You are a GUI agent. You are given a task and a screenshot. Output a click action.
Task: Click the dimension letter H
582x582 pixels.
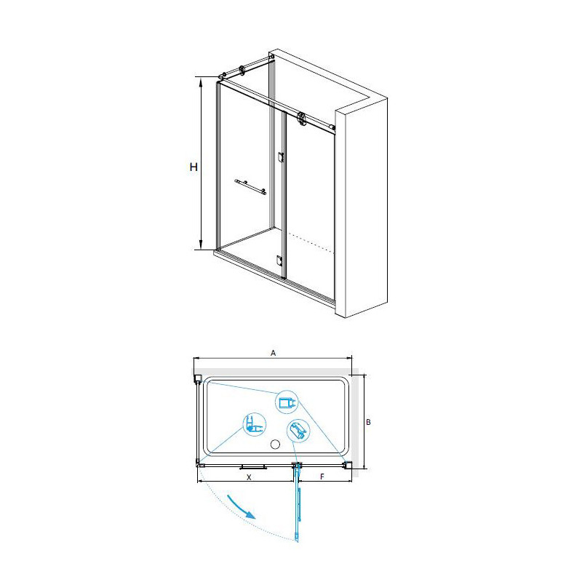pos(194,167)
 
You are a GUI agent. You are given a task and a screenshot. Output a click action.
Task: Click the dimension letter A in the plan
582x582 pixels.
pos(274,353)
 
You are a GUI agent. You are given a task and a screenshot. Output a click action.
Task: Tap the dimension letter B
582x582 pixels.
pos(368,422)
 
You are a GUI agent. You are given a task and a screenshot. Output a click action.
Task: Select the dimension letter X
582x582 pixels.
pos(249,477)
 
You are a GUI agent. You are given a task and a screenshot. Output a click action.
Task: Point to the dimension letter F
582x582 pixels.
pos(322,477)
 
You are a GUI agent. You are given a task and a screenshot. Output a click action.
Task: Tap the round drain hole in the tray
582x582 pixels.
pos(275,444)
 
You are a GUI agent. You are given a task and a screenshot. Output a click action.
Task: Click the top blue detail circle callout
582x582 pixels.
pos(287,402)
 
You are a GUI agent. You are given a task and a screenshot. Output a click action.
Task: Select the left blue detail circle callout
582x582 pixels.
pos(255,425)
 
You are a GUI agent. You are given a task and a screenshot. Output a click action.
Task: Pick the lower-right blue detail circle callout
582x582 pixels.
pos(298,431)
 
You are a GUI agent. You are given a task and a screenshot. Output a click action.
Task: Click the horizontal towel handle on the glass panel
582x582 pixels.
pos(250,187)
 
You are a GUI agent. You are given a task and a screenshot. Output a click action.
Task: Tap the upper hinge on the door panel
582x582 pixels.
pos(281,157)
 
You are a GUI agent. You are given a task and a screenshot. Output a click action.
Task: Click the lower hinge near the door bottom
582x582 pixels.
pos(280,260)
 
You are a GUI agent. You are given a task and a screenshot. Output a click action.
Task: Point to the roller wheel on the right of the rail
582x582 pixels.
pos(301,119)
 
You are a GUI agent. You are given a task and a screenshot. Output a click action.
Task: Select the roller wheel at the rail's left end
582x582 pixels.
pos(242,71)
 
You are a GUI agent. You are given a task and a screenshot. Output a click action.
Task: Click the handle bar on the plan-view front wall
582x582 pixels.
pos(253,467)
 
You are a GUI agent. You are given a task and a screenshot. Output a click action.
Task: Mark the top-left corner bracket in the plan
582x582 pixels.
pos(198,378)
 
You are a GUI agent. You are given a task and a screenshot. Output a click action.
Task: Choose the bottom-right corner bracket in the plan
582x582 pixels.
pos(348,465)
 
